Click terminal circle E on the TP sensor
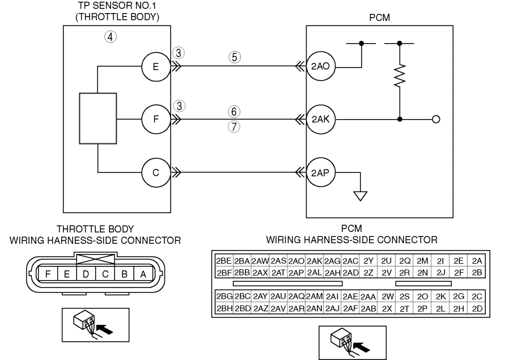pos(156,66)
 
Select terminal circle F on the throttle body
pos(156,119)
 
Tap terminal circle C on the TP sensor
pos(156,172)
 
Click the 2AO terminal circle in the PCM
pos(321,66)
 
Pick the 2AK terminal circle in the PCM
pos(321,119)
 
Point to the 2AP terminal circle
pos(321,172)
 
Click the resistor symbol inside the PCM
pos(400,75)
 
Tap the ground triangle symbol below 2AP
pos(360,196)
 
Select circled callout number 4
pos(111,37)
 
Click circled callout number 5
pos(235,57)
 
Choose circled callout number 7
pos(234,126)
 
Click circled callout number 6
pos(234,112)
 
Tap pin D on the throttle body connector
pos(86,274)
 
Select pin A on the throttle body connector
pos(143,274)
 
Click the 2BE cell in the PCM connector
pos(224,261)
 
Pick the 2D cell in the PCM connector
pos(477,308)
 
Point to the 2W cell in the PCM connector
pos(387,296)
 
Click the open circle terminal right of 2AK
pos(436,120)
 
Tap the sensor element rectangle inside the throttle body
pos(98,118)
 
